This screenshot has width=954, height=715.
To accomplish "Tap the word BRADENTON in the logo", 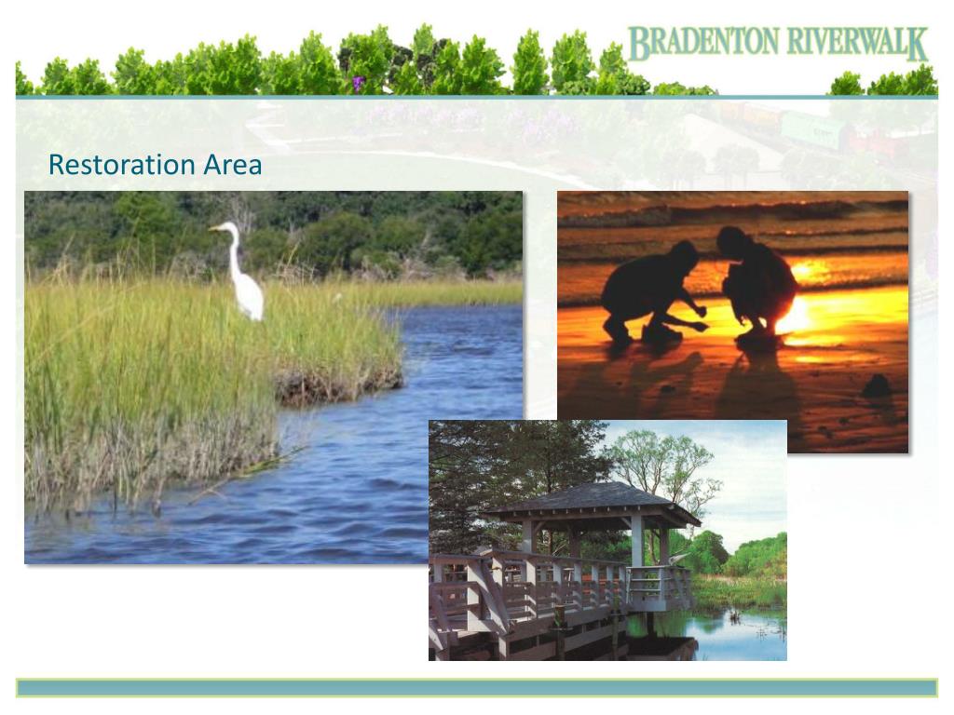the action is click(x=703, y=44).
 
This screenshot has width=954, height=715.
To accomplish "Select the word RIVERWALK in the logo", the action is click(x=858, y=44).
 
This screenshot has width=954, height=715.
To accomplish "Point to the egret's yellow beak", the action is click(x=215, y=229).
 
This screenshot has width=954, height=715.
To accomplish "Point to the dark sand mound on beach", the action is click(x=877, y=385).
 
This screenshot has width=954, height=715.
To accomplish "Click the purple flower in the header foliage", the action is click(x=358, y=83).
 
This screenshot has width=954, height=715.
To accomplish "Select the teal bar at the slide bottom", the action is click(x=477, y=688).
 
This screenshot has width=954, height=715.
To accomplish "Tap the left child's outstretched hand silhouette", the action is click(x=700, y=327).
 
